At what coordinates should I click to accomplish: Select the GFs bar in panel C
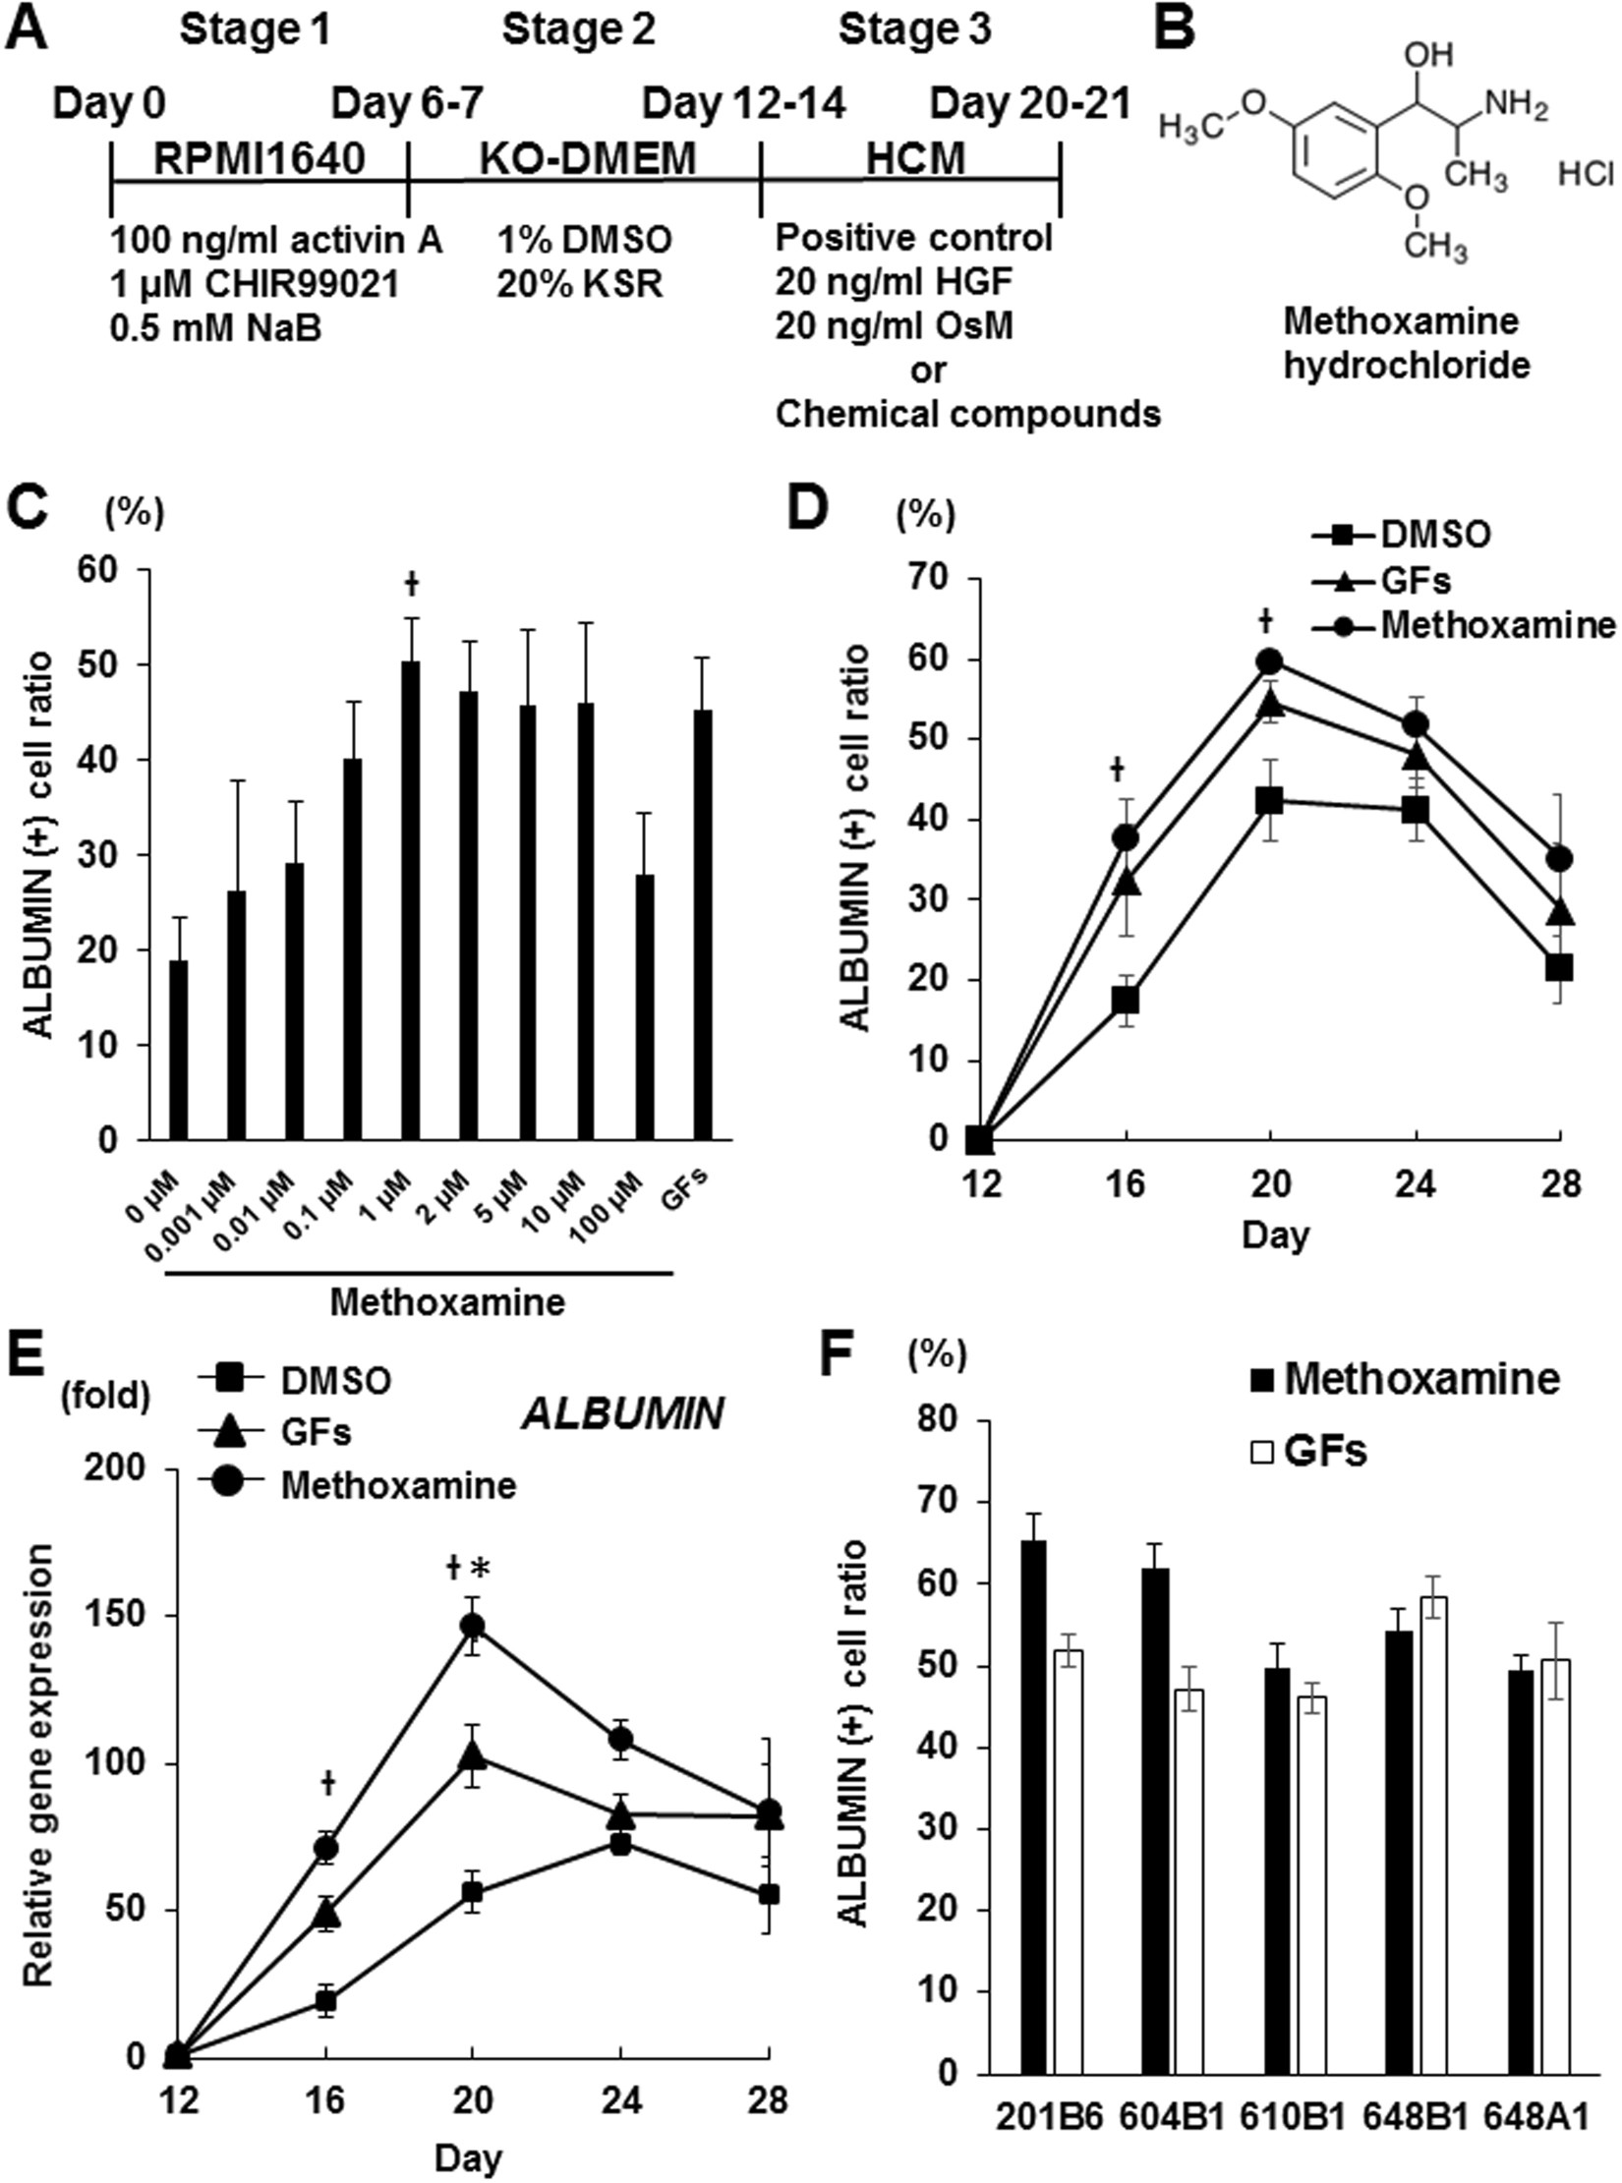pyautogui.click(x=703, y=924)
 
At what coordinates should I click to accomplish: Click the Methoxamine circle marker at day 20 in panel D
pyautogui.click(x=1270, y=660)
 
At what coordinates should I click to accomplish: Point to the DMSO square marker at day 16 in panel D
pyautogui.click(x=1126, y=1001)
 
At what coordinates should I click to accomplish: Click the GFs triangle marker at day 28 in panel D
pyautogui.click(x=1560, y=913)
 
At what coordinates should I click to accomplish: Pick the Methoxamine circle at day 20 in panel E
pyautogui.click(x=473, y=1625)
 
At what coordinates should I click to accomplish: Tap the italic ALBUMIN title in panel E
pyautogui.click(x=622, y=1413)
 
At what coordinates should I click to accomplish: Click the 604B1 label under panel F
pyautogui.click(x=1171, y=2116)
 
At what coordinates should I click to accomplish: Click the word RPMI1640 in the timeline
pyautogui.click(x=260, y=158)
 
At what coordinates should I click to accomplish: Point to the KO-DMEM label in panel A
pyautogui.click(x=588, y=158)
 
